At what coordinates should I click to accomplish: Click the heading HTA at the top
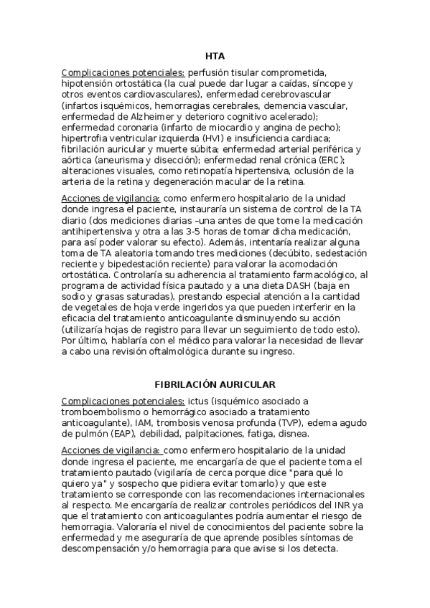(215, 55)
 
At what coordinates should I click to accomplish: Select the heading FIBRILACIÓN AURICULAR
(215, 384)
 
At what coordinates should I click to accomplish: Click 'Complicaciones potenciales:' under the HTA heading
(123, 72)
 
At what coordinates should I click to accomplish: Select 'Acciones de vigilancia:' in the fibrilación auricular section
(111, 450)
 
